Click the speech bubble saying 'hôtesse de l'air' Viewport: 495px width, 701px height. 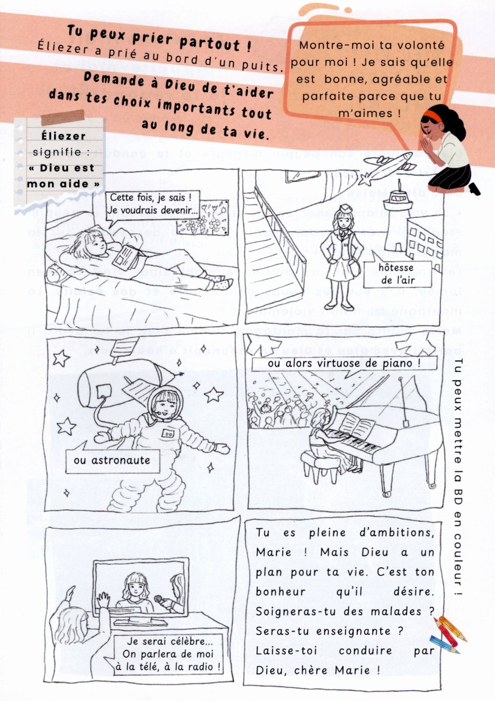[x=397, y=273]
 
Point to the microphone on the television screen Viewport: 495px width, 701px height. [x=159, y=599]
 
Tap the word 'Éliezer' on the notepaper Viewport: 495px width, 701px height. [x=63, y=136]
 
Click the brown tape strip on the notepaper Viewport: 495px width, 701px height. [x=63, y=117]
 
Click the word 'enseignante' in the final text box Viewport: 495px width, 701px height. [x=353, y=631]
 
